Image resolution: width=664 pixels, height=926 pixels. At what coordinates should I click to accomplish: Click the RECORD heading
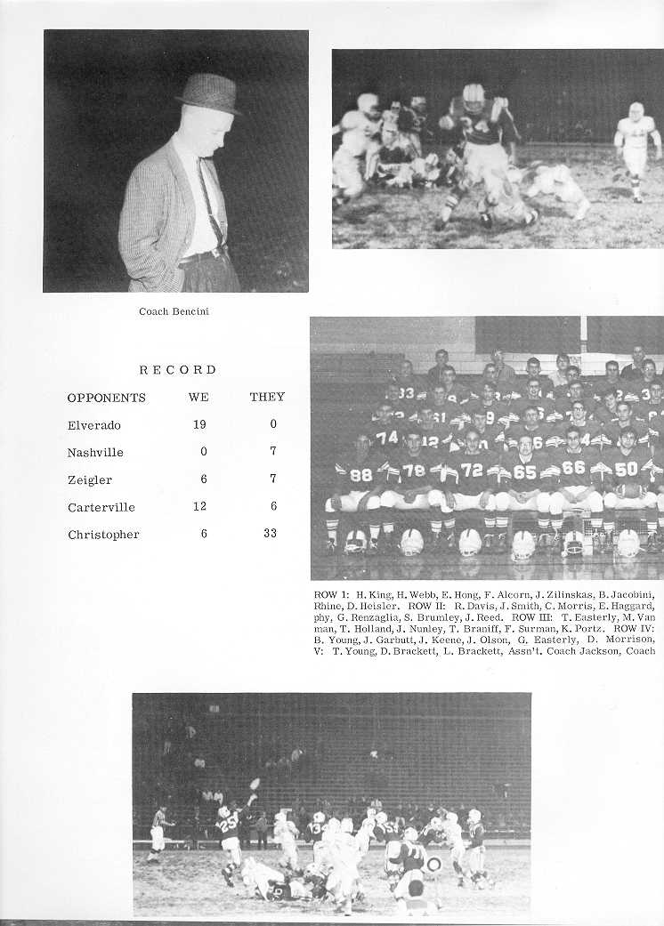pos(177,369)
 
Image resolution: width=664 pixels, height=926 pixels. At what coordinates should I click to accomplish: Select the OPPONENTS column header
pos(106,398)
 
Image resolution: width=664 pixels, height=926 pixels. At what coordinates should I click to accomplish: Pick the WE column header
pos(198,397)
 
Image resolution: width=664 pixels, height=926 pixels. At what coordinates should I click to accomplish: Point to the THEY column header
pos(267,397)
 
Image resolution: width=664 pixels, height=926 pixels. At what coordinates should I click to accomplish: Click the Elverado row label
pos(93,425)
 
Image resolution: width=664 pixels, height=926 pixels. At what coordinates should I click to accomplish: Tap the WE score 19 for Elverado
pos(199,424)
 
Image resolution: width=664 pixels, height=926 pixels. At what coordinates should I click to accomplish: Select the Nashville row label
pos(95,453)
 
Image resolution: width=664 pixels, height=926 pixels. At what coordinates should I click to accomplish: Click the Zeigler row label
pos(89,479)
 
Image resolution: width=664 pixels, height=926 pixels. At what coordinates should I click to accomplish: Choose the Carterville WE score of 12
pos(199,506)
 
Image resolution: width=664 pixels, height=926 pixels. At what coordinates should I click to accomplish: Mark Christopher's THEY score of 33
pos(270,534)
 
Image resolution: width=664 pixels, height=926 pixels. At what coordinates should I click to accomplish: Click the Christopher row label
pos(103,535)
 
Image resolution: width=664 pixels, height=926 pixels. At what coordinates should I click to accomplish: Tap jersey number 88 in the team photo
pos(360,476)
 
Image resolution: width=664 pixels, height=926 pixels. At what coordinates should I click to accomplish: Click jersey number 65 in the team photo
pos(524,472)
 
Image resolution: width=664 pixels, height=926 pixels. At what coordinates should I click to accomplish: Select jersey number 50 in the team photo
pos(626,469)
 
